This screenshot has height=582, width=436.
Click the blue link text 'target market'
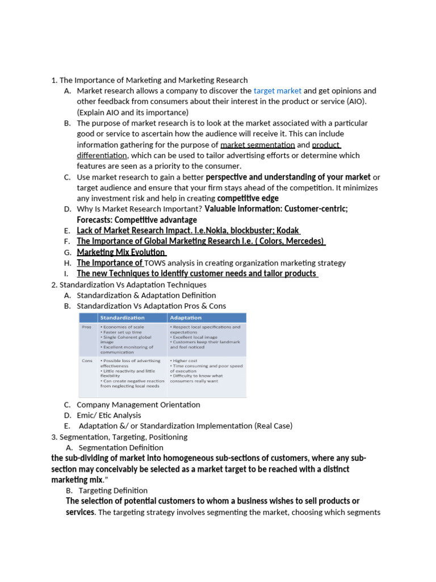coord(277,91)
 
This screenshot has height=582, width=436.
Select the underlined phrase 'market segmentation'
coord(257,145)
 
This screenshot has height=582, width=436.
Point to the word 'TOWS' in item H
coord(156,263)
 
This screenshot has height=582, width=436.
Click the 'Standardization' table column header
coord(122,318)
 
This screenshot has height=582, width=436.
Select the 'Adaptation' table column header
coord(185,318)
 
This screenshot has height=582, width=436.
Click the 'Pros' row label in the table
coord(87,327)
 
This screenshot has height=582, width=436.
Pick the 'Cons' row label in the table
coord(87,360)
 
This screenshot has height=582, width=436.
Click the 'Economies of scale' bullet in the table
coord(123,327)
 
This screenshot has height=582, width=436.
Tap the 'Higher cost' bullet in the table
coord(186,360)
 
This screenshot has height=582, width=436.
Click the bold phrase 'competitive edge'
coord(248,198)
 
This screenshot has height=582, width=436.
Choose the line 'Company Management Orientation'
coord(139,405)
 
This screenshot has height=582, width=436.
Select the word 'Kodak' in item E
coord(287,231)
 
